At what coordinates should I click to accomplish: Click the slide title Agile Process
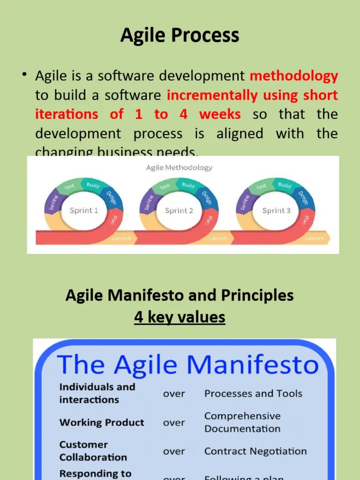[180, 36]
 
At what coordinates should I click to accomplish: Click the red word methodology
[294, 75]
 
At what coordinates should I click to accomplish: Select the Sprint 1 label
[84, 210]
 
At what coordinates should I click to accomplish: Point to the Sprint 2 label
[179, 210]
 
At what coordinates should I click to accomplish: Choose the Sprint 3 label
[276, 210]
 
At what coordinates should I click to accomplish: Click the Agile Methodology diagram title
[179, 167]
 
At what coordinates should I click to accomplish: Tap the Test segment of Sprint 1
[70, 187]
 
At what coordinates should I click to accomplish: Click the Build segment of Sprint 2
[188, 185]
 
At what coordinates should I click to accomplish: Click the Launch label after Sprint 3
[314, 238]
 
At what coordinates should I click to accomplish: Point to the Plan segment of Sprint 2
[209, 219]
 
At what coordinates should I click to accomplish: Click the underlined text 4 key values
[180, 317]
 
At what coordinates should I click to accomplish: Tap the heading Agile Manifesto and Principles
[180, 295]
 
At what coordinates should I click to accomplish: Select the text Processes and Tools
[253, 394]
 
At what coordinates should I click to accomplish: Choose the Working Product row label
[102, 422]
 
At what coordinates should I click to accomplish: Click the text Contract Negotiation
[255, 451]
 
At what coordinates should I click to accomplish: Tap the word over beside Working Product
[174, 422]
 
